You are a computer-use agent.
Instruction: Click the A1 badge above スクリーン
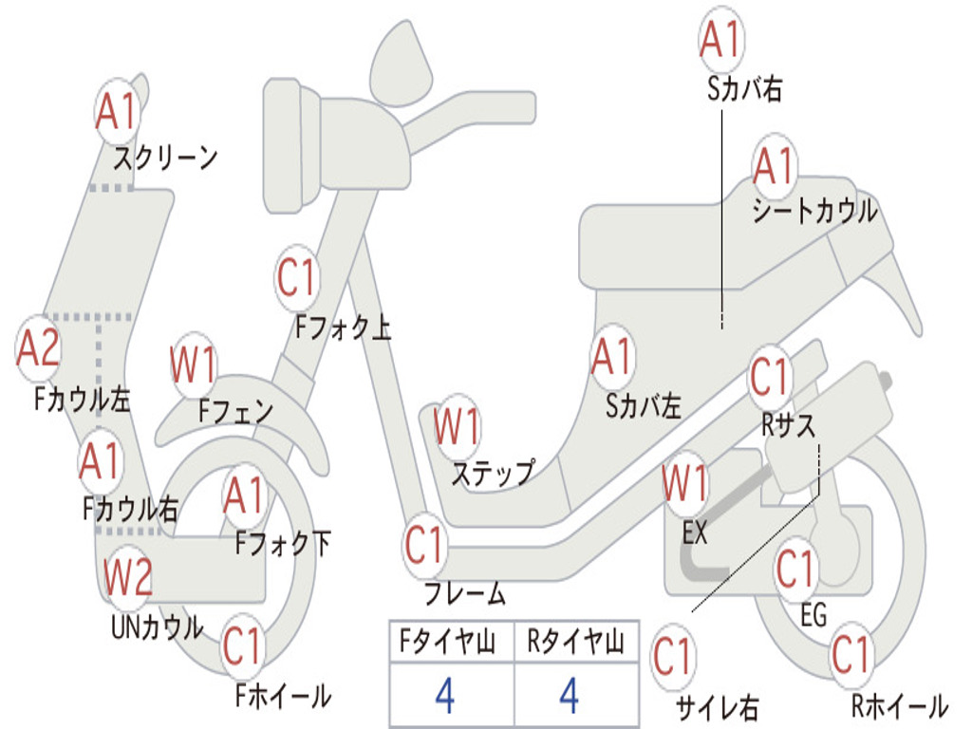(117, 112)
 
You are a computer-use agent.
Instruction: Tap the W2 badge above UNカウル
(128, 576)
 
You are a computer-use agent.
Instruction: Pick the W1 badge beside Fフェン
(194, 364)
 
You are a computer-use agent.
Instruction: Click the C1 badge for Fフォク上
(297, 278)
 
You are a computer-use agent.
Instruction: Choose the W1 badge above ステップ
(457, 426)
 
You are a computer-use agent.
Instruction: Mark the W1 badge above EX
(685, 483)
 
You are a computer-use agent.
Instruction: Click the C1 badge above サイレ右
(673, 657)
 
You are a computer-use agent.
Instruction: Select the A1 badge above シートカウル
(775, 165)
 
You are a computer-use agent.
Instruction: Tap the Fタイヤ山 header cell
(451, 642)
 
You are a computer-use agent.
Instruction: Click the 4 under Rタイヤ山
(570, 695)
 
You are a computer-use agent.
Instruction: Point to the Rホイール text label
(900, 706)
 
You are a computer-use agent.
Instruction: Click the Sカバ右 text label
(744, 88)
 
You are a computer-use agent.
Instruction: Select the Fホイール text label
(283, 696)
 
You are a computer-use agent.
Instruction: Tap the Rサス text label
(788, 425)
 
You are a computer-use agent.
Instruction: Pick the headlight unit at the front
(291, 145)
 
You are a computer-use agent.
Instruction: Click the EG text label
(813, 615)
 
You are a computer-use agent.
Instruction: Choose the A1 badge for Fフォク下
(244, 495)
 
